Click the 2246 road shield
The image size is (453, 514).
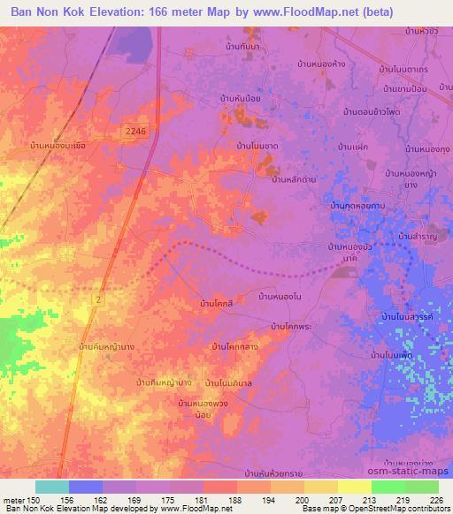(134, 131)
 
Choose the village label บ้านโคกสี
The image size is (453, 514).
(217, 305)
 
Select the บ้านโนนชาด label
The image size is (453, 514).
(258, 144)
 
